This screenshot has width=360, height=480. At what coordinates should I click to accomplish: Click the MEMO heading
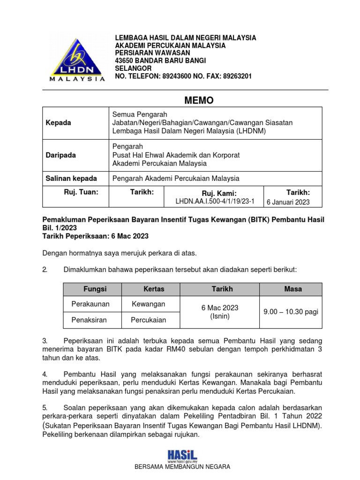tap(198, 100)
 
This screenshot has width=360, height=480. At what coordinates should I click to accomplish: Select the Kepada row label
tap(59, 123)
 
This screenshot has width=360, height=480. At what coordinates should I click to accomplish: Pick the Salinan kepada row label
tap(71, 178)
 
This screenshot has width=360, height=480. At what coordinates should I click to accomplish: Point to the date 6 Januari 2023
tap(288, 202)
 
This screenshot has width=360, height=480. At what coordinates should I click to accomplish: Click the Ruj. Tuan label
tap(81, 192)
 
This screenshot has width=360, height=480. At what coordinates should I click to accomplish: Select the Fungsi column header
tap(95, 289)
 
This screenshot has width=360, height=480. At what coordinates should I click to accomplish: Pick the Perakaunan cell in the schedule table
tap(90, 304)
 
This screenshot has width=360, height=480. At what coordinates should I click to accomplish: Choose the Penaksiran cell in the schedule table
tap(89, 320)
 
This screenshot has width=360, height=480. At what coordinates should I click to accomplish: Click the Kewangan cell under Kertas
tap(149, 304)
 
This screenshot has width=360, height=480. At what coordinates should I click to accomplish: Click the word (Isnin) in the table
tap(220, 316)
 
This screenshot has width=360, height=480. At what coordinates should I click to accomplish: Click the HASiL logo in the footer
tap(182, 455)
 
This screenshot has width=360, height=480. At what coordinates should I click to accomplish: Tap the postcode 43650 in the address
tap(126, 60)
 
